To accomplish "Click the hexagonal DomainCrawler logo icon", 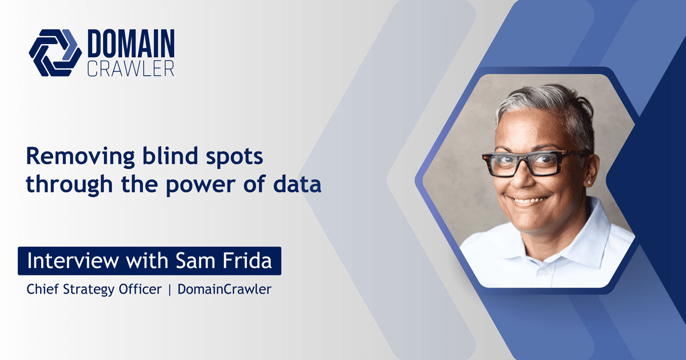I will tap(55, 52).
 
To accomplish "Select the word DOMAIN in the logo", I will tap(131, 43).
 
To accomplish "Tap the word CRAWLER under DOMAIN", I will tap(130, 68).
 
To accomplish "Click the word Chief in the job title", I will tap(42, 289).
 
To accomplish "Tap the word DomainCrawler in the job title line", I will tap(224, 289).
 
